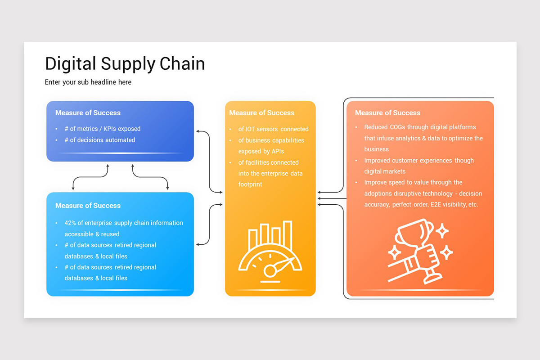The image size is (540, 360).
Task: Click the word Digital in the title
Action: [70, 63]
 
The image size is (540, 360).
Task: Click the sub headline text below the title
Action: [88, 82]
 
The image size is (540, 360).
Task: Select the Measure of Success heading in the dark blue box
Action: [88, 112]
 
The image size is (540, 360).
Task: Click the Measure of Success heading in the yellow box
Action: [261, 112]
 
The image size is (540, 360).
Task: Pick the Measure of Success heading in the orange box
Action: [387, 112]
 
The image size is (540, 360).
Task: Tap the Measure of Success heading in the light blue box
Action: [88, 205]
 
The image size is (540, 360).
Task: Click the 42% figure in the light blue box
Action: [71, 223]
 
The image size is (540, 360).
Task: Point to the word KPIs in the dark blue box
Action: [110, 129]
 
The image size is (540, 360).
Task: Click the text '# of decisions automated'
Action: [99, 140]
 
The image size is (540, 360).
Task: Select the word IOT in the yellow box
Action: [250, 129]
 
